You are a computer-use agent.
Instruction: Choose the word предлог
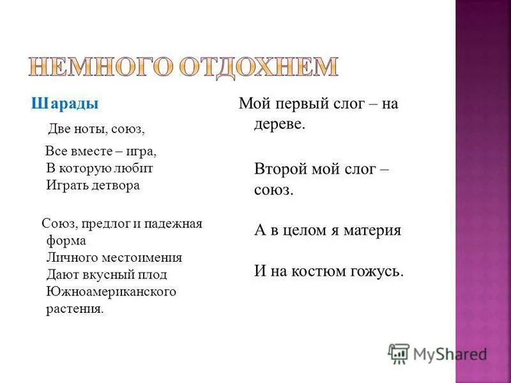(101, 224)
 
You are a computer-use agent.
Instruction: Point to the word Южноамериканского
(111, 292)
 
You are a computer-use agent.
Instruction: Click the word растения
(74, 308)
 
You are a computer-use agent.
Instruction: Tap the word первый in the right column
(295, 104)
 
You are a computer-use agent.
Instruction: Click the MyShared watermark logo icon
(399, 353)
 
